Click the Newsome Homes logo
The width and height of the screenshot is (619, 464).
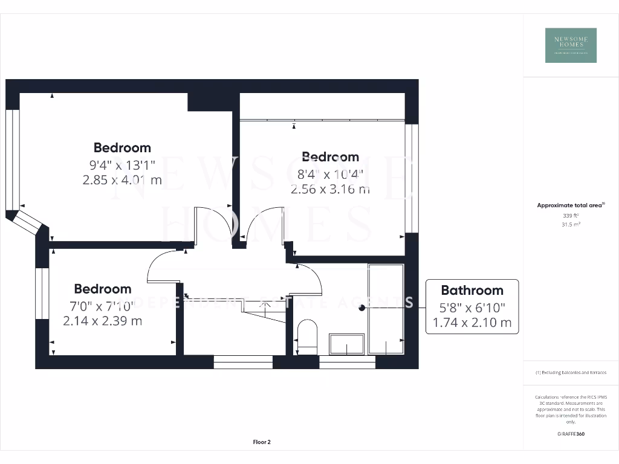coord(571,45)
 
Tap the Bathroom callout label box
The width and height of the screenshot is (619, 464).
coord(472,306)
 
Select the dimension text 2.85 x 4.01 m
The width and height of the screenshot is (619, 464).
coord(122,179)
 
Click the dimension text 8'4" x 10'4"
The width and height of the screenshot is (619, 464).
coord(330,174)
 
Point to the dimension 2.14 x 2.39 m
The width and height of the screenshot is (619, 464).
coord(103,321)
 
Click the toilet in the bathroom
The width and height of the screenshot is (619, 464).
coord(308,338)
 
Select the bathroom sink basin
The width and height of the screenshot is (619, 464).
coord(346,344)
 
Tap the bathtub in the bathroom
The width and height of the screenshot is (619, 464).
coord(386,309)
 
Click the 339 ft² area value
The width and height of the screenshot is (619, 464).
coord(570,215)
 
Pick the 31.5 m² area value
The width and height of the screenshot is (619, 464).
coord(570,224)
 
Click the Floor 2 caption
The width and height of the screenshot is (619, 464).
coord(262,442)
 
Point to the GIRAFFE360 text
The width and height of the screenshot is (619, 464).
coord(571,434)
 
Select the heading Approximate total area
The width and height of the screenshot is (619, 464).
coord(570,205)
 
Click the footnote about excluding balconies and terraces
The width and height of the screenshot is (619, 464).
coord(571,373)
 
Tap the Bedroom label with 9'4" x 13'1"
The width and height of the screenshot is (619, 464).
coord(122,147)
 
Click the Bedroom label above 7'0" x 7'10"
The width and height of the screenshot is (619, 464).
coord(103,289)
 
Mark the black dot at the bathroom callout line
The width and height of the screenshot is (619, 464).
coord(362,308)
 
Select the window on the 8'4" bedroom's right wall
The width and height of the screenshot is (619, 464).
coord(412,178)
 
